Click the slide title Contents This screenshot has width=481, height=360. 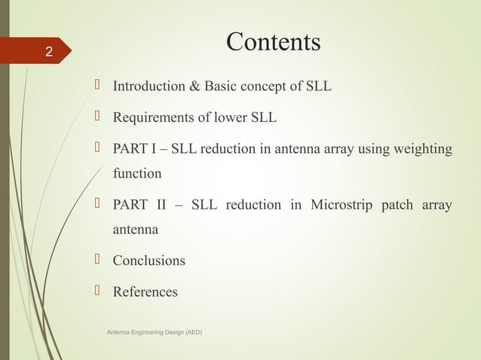pos(274,42)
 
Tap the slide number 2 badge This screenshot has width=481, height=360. pos(48,53)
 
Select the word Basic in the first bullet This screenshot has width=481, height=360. pos(228,87)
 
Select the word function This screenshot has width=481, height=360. pos(137,174)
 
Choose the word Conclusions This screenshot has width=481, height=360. pos(149,261)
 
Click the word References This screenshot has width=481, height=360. pos(146,291)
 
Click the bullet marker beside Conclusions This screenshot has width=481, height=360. pos(97,260)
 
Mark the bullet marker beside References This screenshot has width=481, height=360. pos(97,291)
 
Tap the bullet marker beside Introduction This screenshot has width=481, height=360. pos(97,86)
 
